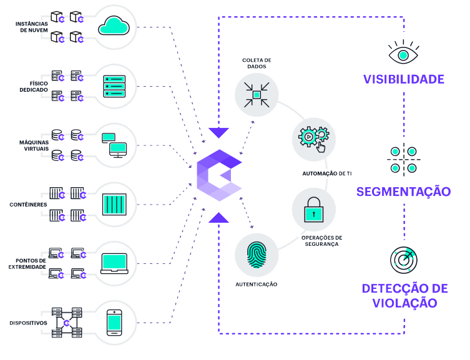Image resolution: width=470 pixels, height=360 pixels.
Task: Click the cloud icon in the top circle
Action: [114, 27]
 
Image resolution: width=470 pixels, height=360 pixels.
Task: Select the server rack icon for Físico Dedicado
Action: [114, 85]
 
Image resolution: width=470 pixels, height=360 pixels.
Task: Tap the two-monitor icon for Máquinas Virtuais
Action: [114, 145]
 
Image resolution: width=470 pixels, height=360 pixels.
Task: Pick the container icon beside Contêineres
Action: [114, 204]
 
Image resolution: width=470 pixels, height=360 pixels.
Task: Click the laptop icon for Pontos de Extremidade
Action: [114, 263]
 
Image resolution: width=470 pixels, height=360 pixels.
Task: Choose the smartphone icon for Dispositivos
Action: [114, 322]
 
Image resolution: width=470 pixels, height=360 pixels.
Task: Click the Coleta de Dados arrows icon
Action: [256, 94]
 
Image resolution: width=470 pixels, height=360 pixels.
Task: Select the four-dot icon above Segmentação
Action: [403, 159]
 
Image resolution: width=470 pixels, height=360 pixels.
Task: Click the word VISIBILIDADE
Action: [403, 79]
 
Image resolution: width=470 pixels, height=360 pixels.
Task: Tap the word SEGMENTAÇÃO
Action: [403, 191]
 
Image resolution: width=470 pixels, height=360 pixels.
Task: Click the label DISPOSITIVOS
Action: [29, 323]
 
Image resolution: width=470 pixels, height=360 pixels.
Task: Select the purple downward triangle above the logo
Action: [218, 132]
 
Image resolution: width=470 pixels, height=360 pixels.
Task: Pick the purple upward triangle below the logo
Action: [218, 217]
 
